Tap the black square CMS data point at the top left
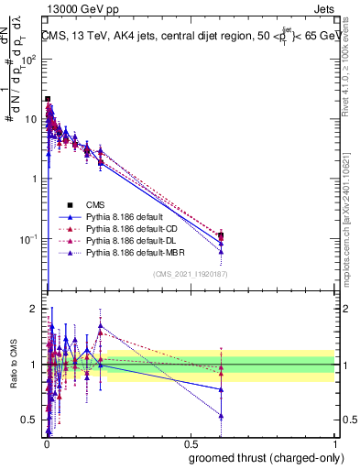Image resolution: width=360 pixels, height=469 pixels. [48, 99]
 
